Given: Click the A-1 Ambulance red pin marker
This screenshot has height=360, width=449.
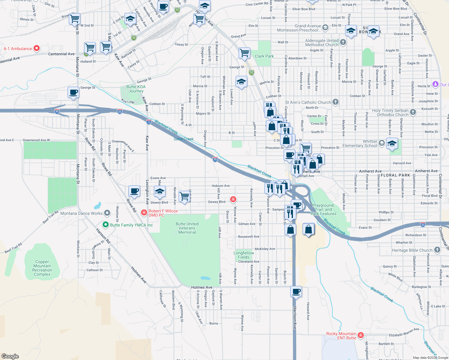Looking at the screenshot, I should point(37,48).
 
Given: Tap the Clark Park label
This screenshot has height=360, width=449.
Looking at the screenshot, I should point(264,56).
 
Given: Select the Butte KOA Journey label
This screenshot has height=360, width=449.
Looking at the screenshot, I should point(136,89).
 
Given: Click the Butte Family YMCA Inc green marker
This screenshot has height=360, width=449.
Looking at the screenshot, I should point(105,224).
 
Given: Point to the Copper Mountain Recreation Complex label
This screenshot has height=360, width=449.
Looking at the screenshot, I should point(42,268).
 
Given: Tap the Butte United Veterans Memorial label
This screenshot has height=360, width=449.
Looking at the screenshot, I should point(187,228).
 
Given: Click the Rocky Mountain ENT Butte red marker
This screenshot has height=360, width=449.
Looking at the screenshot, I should point(361,335).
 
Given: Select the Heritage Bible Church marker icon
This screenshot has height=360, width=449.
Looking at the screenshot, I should point(437,250).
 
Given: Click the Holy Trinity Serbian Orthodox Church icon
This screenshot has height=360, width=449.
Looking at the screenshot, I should point(413,112).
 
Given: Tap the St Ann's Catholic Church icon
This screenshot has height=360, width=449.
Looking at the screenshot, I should point(336,102).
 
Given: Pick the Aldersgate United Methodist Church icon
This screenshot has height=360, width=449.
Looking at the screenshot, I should point(343,42).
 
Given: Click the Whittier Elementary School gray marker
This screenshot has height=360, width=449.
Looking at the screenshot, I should point(381,143).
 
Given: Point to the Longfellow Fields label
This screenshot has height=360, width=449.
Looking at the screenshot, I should point(244,255).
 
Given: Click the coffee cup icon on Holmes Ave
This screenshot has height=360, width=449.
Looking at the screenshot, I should point(296,292).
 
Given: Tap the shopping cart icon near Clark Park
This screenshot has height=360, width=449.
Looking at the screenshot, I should point(245,53).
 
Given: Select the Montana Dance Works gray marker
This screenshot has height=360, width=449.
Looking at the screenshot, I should point(107,213).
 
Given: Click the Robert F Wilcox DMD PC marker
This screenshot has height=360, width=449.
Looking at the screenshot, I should point(144,213).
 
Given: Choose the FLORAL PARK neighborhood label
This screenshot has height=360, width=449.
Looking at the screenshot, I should point(395,175).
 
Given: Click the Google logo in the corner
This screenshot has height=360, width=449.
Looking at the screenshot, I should point(10,356).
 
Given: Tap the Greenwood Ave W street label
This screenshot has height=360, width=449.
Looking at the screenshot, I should point(36,140).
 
